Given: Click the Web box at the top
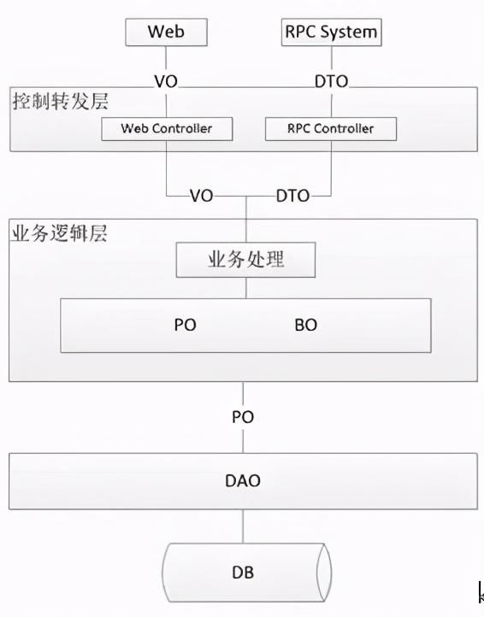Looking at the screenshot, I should coord(166,32).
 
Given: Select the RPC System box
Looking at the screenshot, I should coord(330,32).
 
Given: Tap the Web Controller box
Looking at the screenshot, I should coord(166,129).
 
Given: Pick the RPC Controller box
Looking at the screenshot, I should coord(331,129).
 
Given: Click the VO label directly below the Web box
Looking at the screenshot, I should coord(166,83).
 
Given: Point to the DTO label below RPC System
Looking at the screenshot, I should coord(330,83).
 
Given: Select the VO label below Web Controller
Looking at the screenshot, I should coord(201,195).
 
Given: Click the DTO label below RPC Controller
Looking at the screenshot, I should coord(292,195).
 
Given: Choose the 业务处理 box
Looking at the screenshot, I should coord(245,260).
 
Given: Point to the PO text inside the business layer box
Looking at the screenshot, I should coord(185,325).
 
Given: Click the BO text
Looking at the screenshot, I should coord(305,325).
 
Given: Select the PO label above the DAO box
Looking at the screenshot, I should coord(243,417).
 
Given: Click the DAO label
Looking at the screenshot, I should coord(243,481).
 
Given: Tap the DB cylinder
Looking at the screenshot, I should coord(245,572).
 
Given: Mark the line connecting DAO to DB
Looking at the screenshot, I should coord(245,525).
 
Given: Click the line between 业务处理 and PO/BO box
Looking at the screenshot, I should coord(245,288).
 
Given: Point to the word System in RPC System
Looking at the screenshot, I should coord(347,32).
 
